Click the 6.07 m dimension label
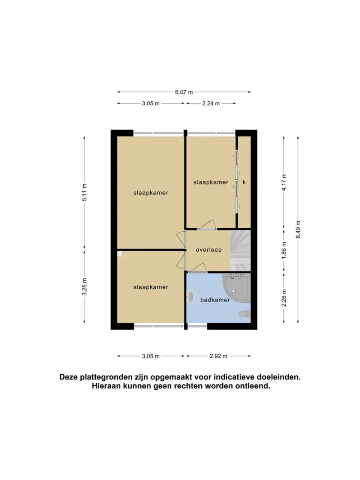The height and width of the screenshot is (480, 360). (184, 92)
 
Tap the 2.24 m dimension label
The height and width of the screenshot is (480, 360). (211, 103)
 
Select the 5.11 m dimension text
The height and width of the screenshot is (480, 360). (84, 192)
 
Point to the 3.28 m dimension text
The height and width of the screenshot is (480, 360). (84, 287)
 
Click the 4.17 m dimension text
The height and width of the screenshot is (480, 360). (284, 182)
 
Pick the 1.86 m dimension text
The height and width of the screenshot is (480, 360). (284, 250)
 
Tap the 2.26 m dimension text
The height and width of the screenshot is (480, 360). (284, 298)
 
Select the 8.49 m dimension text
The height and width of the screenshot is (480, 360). (298, 229)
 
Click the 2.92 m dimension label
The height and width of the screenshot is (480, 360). (219, 356)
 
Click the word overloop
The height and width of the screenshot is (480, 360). (209, 250)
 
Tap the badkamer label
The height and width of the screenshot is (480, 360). (215, 300)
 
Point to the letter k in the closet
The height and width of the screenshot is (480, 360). (244, 182)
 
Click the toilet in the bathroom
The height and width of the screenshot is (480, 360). (244, 314)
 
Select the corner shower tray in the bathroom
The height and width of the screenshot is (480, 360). (237, 288)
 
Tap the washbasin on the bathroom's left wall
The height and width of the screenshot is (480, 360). (190, 297)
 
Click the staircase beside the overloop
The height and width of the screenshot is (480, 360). (240, 250)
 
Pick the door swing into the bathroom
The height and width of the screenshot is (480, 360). (198, 267)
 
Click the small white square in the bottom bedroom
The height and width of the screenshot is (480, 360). (120, 253)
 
